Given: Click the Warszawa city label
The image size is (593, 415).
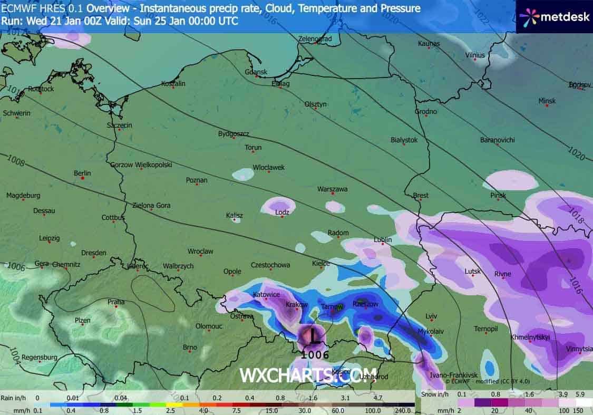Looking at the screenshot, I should point(332,189).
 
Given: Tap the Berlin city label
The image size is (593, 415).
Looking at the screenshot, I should point(82,173).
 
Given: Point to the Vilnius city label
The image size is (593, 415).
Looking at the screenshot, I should point(475,55).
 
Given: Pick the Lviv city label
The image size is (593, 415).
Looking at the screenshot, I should point(431,316).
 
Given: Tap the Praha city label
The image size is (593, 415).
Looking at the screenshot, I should point(116,302).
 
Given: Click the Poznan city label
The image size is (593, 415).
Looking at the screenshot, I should point(197,180).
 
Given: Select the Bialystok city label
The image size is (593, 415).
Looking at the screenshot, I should point(404,140).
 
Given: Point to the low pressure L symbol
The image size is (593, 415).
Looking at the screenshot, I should point(314,335).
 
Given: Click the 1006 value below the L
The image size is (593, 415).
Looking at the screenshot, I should point(315,355).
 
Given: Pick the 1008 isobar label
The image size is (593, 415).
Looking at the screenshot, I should point(16,161).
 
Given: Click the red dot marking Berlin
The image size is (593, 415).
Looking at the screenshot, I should point(83,178).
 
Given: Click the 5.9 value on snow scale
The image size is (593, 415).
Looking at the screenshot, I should point(580,394).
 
